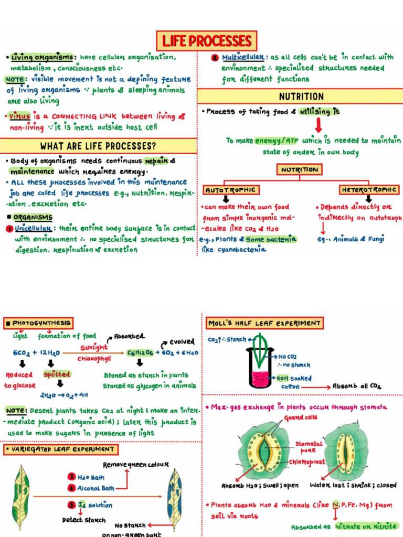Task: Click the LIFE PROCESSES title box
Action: pyautogui.click(x=206, y=41)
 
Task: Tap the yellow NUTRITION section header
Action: pyautogui.click(x=300, y=96)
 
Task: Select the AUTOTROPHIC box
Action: pyautogui.click(x=231, y=190)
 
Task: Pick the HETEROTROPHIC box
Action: pyautogui.click(x=369, y=189)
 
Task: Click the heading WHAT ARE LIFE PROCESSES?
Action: pyautogui.click(x=98, y=146)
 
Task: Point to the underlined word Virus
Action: pyautogui.click(x=19, y=116)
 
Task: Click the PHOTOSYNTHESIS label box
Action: pyautogui.click(x=38, y=323)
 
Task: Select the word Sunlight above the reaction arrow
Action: pyautogui.click(x=94, y=347)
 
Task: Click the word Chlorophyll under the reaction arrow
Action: pyautogui.click(x=94, y=359)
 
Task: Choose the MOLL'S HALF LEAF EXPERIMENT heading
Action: pyautogui.click(x=264, y=323)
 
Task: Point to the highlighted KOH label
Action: pyautogui.click(x=283, y=378)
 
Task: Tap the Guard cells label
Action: pyautogui.click(x=300, y=417)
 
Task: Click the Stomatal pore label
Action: pyautogui.click(x=309, y=447)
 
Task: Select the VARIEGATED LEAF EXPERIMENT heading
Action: pyautogui.click(x=61, y=449)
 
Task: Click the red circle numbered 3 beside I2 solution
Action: pyautogui.click(x=71, y=504)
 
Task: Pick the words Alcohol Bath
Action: pyautogui.click(x=96, y=488)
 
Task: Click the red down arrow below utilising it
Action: pyautogui.click(x=319, y=125)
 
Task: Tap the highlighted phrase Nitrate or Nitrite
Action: pyautogui.click(x=366, y=527)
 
